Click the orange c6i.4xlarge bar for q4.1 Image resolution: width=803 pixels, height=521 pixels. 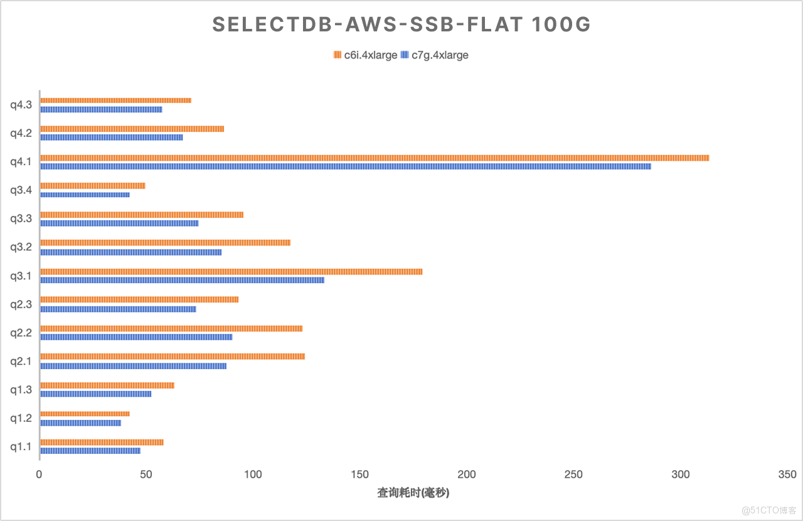click(375, 158)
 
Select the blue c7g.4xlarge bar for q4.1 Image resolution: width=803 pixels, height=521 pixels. click(346, 166)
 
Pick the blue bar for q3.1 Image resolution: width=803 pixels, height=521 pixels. click(183, 280)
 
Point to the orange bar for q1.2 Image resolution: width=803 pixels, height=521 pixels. click(85, 414)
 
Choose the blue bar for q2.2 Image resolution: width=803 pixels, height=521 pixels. click(136, 337)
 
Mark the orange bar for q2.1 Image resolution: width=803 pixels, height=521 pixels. click(173, 357)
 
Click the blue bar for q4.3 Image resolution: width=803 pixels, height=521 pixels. click(101, 109)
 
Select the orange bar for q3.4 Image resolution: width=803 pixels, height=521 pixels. click(93, 186)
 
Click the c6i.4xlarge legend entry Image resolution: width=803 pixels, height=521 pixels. click(366, 55)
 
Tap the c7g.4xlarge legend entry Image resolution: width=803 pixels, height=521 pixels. click(435, 55)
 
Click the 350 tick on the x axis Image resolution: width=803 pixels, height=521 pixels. click(787, 475)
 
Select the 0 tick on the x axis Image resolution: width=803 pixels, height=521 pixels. click(40, 475)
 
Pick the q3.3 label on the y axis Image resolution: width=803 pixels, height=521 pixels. click(21, 218)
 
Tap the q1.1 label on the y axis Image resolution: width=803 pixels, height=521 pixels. click(21, 447)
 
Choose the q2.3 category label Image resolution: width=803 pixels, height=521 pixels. click(21, 304)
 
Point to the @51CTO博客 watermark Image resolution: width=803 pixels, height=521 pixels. click(768, 509)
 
